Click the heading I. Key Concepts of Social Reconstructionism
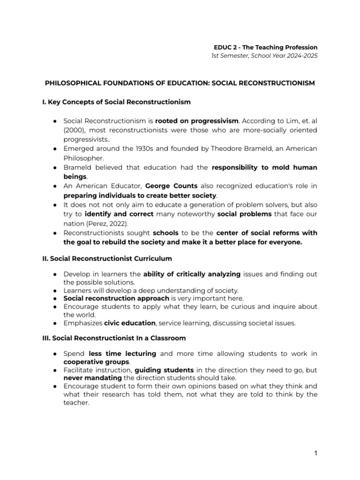[x=116, y=101]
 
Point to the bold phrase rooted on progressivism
[x=194, y=120]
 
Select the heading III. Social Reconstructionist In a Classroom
[x=114, y=338]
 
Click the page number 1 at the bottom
[x=316, y=453]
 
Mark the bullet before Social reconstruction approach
[x=55, y=298]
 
